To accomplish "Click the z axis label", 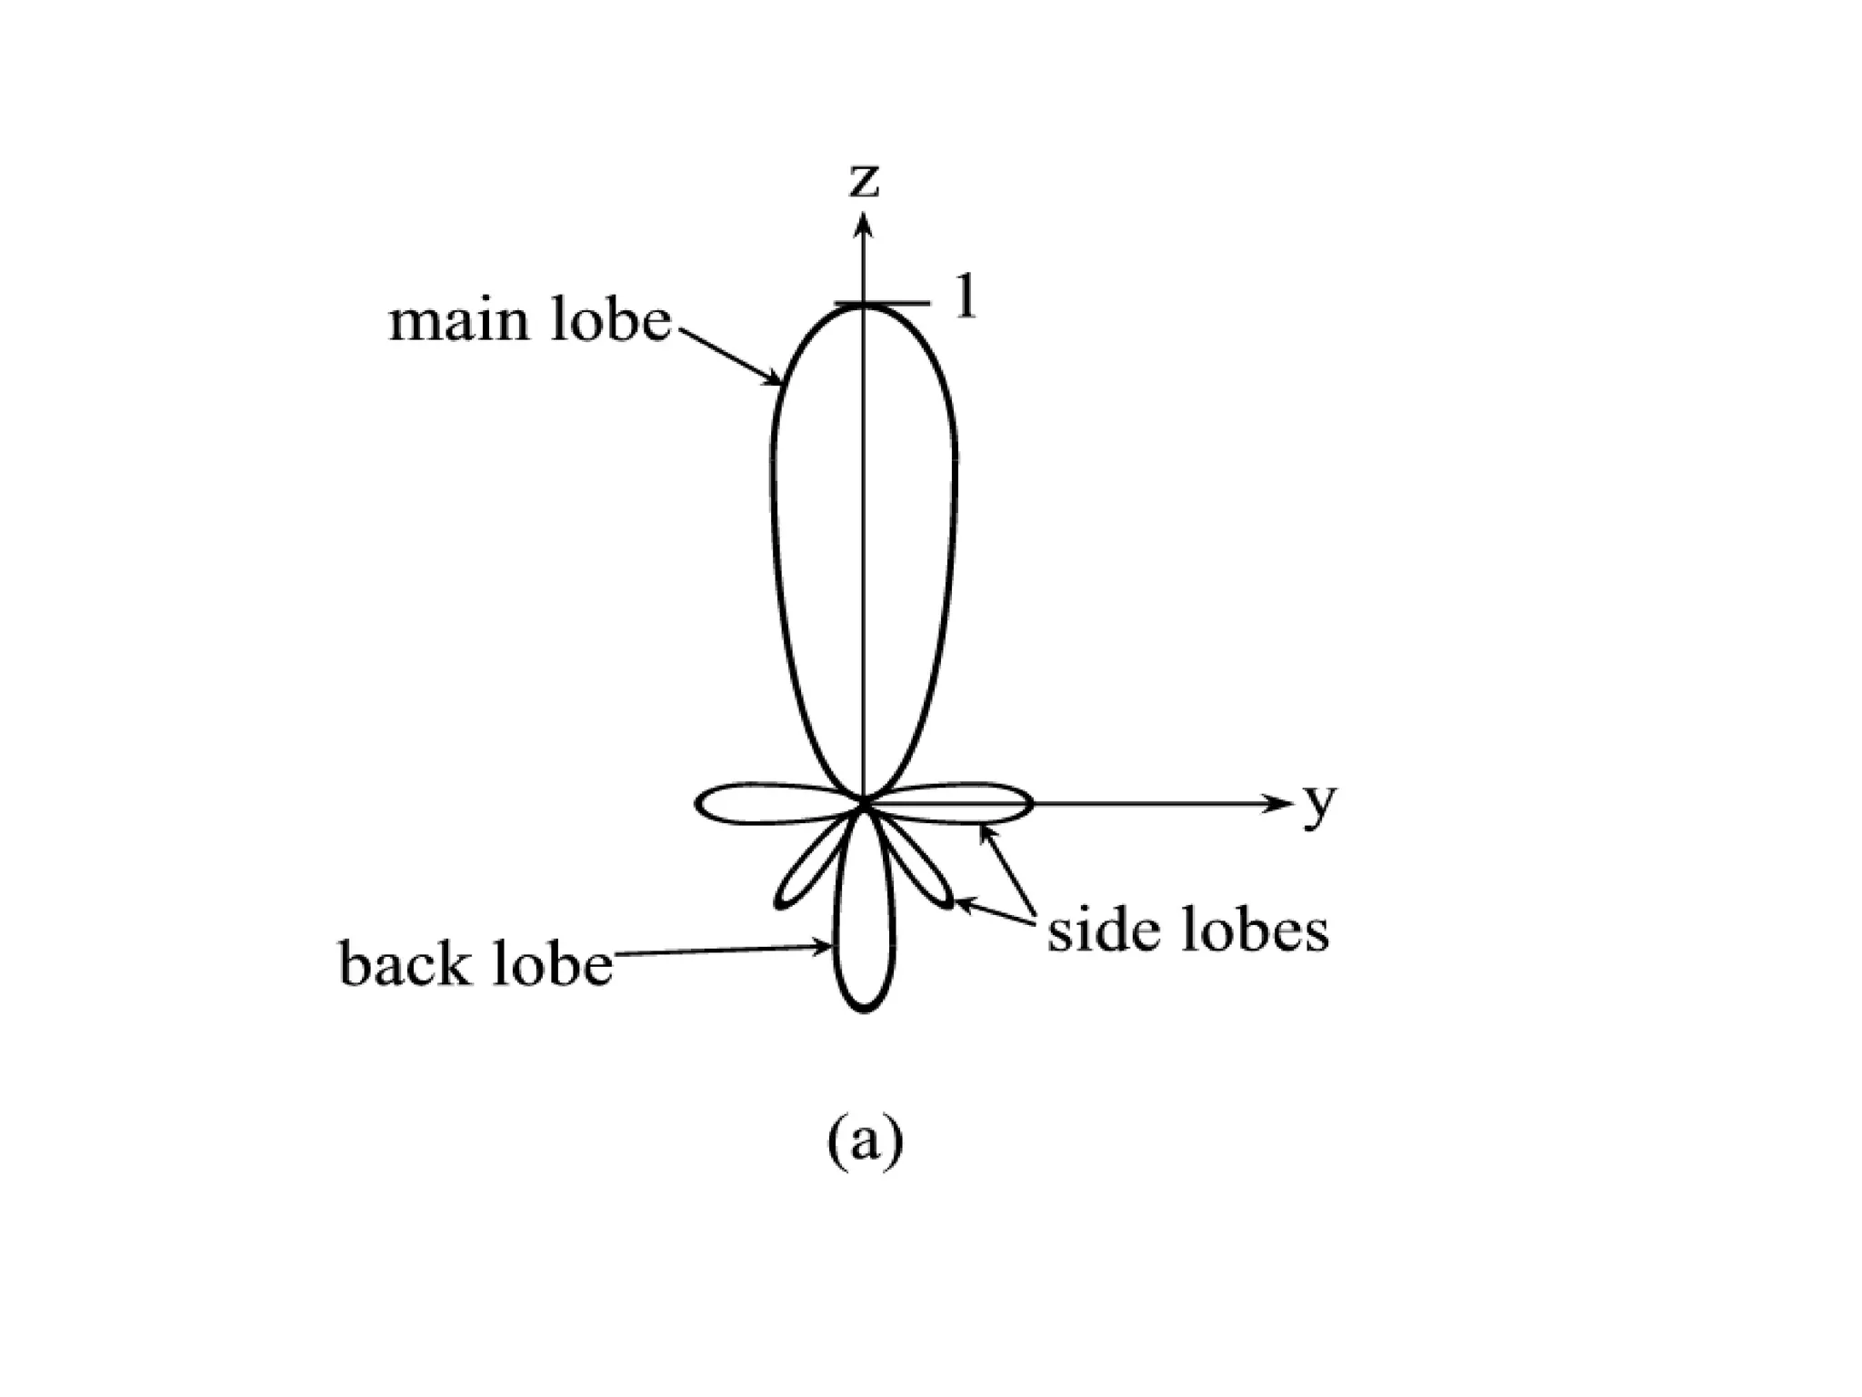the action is click(x=864, y=182).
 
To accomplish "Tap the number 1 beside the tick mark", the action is click(x=966, y=296).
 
